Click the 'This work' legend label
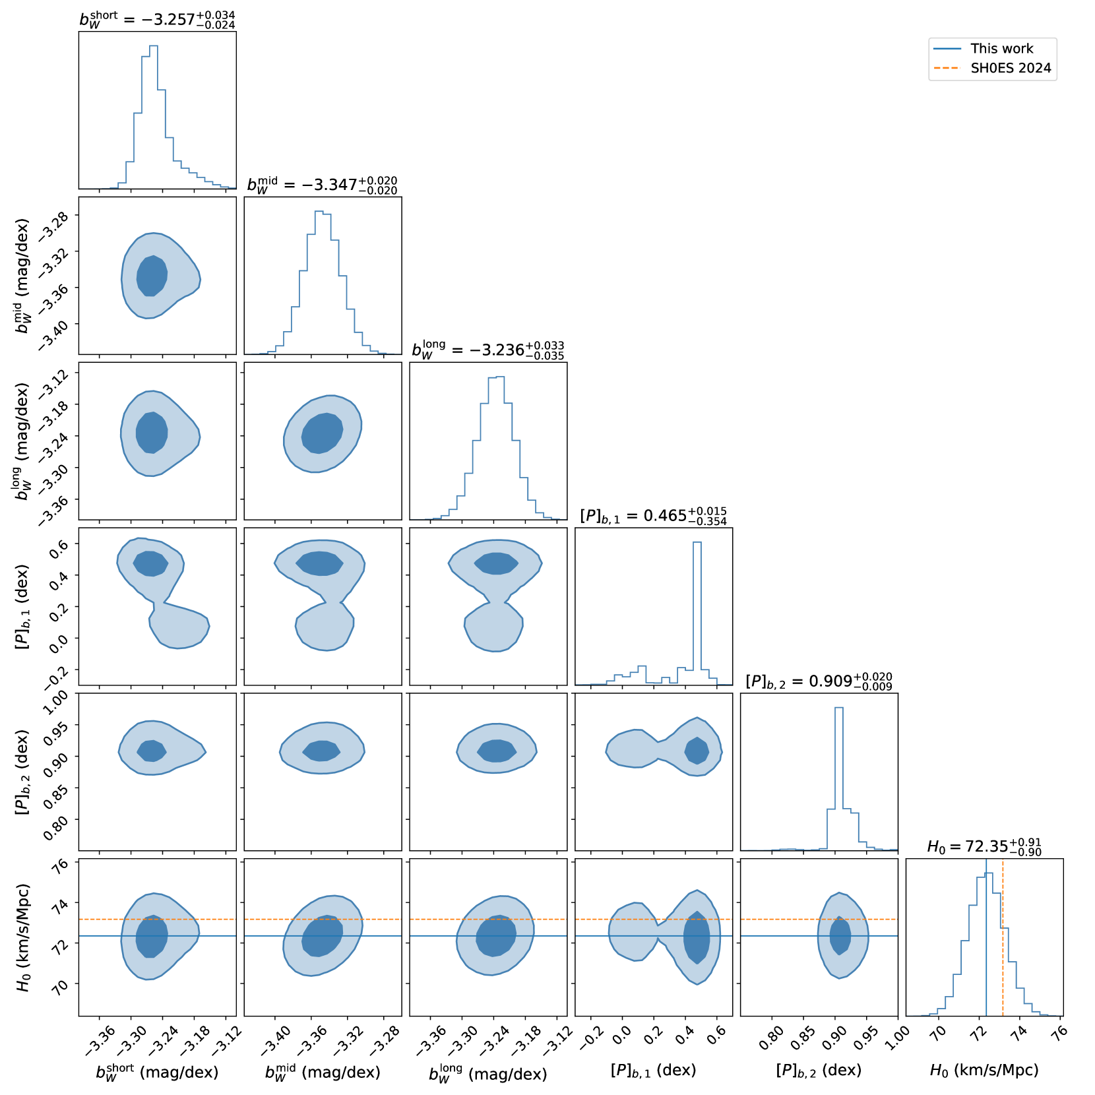[x=1001, y=49]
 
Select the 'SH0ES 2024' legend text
[x=1011, y=69]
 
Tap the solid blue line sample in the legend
[x=947, y=49]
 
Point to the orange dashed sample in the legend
[x=947, y=69]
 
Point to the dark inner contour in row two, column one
[x=152, y=276]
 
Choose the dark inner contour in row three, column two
[x=322, y=433]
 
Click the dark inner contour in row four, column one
[x=151, y=563]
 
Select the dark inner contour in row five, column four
[x=697, y=750]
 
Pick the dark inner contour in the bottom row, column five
[x=840, y=935]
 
